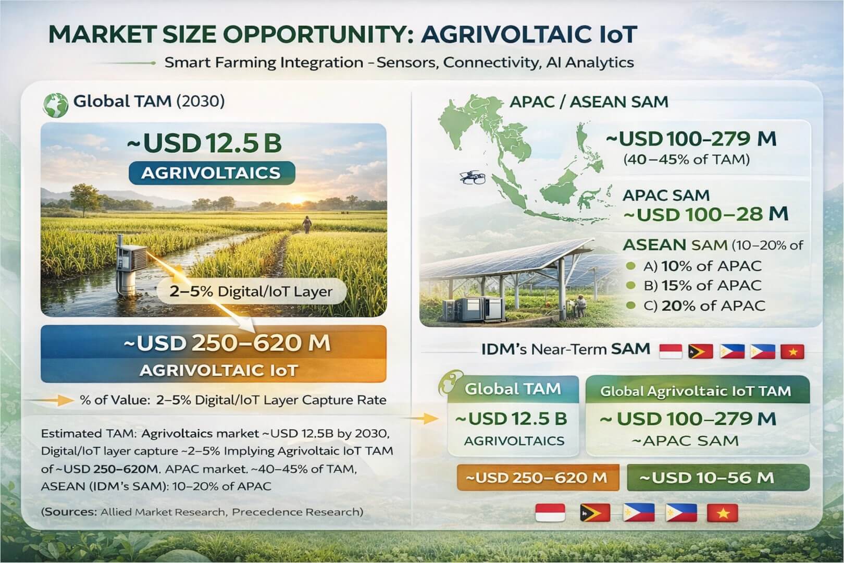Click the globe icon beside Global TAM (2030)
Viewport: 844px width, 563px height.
click(x=56, y=104)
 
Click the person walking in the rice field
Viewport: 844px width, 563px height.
click(x=307, y=224)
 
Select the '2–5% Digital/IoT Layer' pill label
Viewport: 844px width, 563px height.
click(x=251, y=291)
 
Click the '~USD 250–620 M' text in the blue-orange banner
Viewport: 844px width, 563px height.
click(x=227, y=343)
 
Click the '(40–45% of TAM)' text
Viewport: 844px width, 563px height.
click(x=686, y=159)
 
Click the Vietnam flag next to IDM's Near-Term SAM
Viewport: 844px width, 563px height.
click(x=792, y=352)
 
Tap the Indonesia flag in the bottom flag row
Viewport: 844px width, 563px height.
click(x=550, y=513)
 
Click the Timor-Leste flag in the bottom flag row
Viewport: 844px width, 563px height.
click(x=594, y=513)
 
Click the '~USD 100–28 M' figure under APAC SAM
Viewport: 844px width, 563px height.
click(x=712, y=214)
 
